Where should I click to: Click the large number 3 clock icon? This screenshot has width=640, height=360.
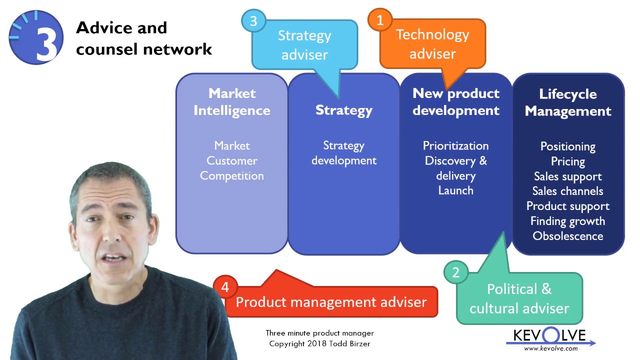(x=36, y=37)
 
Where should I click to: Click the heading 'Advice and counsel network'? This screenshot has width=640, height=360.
(x=143, y=38)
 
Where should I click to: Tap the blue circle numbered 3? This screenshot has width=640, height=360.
(x=253, y=21)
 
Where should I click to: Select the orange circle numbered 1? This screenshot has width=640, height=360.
(x=380, y=20)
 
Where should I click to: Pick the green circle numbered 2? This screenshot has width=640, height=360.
(x=456, y=272)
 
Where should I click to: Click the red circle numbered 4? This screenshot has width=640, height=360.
(x=225, y=287)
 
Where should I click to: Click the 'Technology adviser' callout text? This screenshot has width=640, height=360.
(x=432, y=44)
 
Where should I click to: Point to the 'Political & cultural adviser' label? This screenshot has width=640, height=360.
(x=519, y=298)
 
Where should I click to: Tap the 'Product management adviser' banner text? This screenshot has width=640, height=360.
(x=331, y=302)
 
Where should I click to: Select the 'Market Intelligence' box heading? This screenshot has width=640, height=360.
(x=232, y=101)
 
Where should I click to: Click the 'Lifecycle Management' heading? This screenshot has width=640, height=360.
(x=568, y=102)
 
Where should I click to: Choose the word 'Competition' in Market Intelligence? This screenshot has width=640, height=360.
(x=232, y=175)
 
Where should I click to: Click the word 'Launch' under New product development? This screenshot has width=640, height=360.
(x=455, y=190)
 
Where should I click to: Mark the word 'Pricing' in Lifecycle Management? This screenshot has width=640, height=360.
(x=568, y=161)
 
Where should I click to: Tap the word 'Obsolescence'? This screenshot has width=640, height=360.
(x=568, y=236)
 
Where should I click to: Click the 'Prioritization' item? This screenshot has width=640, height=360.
(x=455, y=146)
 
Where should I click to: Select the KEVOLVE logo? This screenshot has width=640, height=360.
(x=550, y=335)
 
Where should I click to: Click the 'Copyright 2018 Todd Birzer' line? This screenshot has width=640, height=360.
(x=319, y=343)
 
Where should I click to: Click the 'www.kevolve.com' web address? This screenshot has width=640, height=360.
(x=550, y=348)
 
